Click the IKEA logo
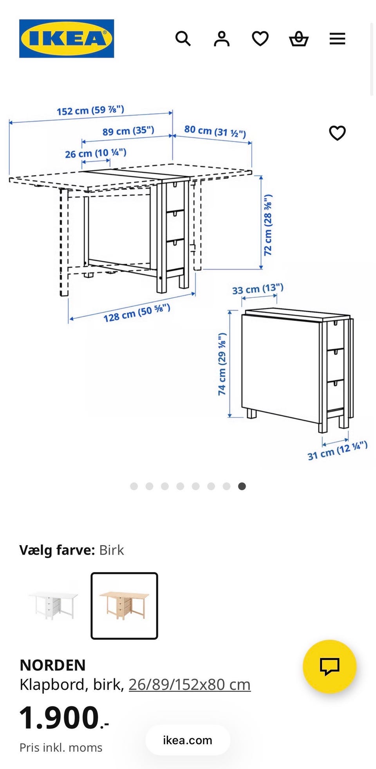tap(67, 38)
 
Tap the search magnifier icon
tap(183, 39)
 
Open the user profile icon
tap(222, 39)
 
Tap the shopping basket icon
tap(299, 39)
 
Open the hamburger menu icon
tap(337, 39)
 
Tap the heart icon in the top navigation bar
tap(260, 39)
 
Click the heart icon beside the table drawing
tap(337, 133)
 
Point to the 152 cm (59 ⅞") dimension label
tap(90, 111)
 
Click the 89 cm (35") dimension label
tap(128, 131)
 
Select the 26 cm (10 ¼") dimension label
tap(96, 153)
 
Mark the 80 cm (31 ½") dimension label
tap(215, 131)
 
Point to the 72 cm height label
tap(268, 225)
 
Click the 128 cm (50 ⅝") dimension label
tap(137, 313)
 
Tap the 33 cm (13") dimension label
tap(258, 289)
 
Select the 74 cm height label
tap(222, 364)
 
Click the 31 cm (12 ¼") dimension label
tap(337, 450)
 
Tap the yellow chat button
tap(330, 666)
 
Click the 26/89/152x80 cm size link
tap(190, 685)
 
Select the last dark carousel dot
tap(242, 486)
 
